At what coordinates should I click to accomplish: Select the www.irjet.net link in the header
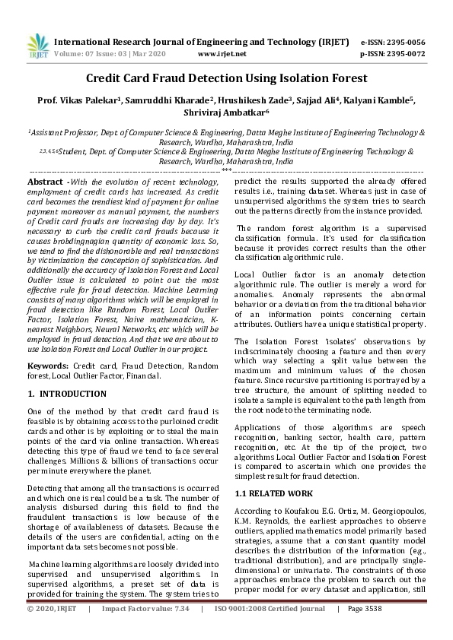pos(222,54)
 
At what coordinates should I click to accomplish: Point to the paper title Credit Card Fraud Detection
pos(226,78)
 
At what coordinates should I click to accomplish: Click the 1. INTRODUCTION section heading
pos(67,394)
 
